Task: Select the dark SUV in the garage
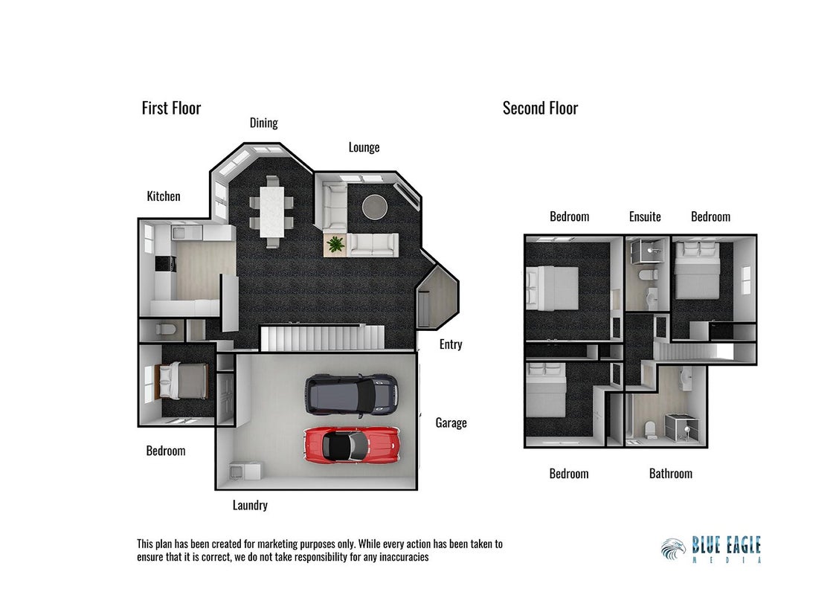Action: (x=351, y=394)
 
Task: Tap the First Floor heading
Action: (x=171, y=109)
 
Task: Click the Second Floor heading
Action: (x=540, y=109)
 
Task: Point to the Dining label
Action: (x=264, y=123)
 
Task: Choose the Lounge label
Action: (x=364, y=148)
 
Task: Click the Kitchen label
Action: (x=164, y=196)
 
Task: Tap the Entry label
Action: (x=451, y=344)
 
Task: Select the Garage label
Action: (x=451, y=422)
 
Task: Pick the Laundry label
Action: (x=250, y=505)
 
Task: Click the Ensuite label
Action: (x=645, y=216)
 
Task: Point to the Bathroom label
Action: (x=671, y=474)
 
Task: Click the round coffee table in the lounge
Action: (x=375, y=206)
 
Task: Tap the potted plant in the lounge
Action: (x=335, y=245)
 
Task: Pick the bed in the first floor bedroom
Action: (x=181, y=381)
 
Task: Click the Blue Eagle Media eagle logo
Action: (x=673, y=549)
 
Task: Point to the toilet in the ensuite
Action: (x=648, y=275)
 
